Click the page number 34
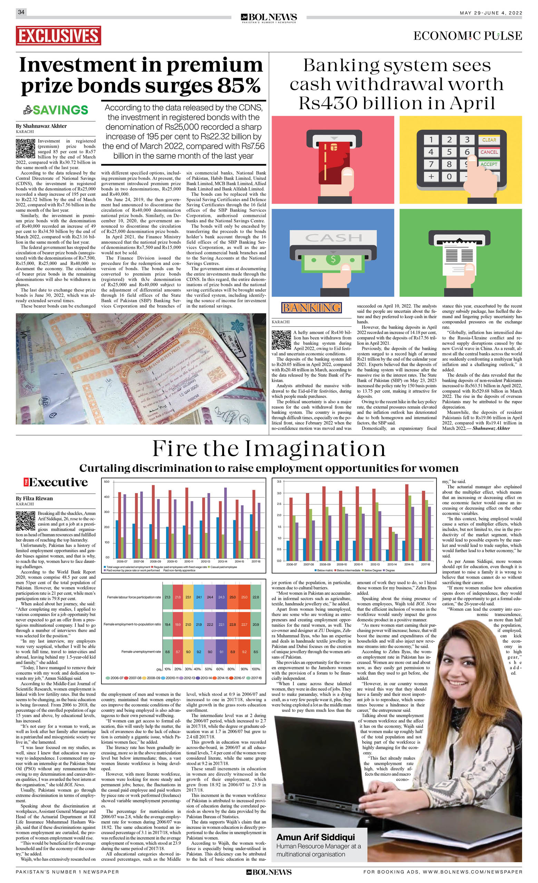21,12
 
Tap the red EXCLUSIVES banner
58,36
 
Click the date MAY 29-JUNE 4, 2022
491,13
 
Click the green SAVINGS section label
60,110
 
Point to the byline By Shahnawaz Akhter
41,126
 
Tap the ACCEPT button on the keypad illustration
489,164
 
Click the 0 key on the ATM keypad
449,176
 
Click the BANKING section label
312,307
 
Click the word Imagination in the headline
315,449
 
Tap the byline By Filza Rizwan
34,499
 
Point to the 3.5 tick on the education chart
279,482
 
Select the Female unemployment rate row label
141,651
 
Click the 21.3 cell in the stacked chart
167,597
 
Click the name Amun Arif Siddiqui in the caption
315,837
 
